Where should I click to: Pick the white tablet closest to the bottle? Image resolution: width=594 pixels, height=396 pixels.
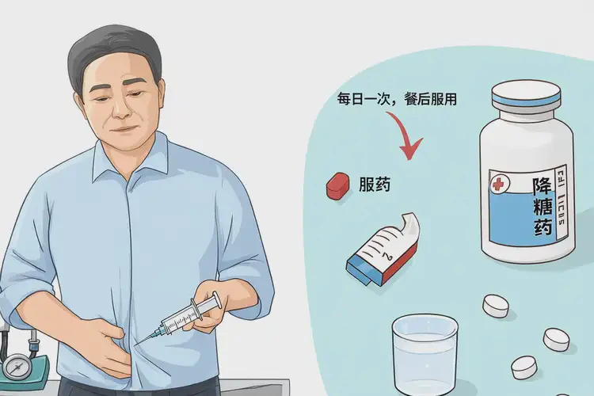(x=497, y=305)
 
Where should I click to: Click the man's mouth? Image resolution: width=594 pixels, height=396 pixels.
(x=121, y=127)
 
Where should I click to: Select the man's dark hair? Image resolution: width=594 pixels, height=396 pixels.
(x=111, y=44)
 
